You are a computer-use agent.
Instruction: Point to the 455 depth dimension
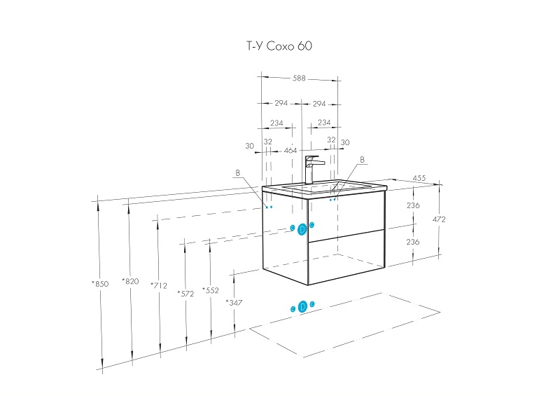(419, 179)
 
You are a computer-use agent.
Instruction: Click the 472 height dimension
(440, 219)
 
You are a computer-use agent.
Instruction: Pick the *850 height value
(100, 284)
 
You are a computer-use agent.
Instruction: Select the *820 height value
(130, 281)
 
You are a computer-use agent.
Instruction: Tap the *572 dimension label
(185, 293)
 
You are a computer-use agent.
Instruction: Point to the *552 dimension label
(210, 289)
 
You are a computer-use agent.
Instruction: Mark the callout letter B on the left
(237, 172)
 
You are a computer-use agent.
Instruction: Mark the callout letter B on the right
(362, 160)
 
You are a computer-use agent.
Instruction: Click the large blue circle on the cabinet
(302, 228)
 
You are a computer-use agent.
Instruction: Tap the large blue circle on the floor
(302, 306)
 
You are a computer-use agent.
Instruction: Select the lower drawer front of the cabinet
(346, 258)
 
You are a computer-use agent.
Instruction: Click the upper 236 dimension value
(413, 205)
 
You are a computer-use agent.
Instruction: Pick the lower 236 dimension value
(413, 241)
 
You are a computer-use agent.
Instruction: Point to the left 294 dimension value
(281, 103)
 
